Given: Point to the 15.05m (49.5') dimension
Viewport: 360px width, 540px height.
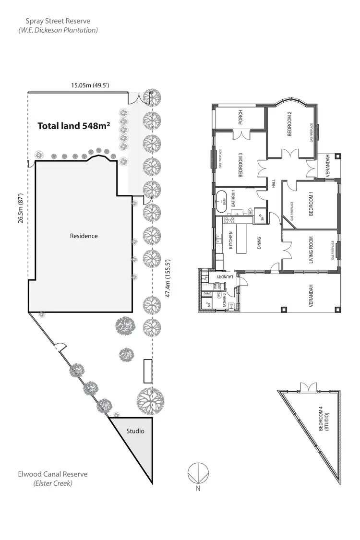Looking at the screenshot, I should (x=90, y=85).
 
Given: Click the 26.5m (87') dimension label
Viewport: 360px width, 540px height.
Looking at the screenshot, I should (x=21, y=210).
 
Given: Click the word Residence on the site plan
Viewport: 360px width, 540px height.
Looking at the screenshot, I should (x=84, y=236).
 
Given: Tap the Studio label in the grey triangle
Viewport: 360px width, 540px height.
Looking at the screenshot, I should (x=135, y=431).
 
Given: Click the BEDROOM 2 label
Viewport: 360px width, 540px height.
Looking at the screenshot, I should (x=289, y=124).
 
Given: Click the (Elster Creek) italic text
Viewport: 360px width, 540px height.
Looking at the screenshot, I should (x=53, y=483).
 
